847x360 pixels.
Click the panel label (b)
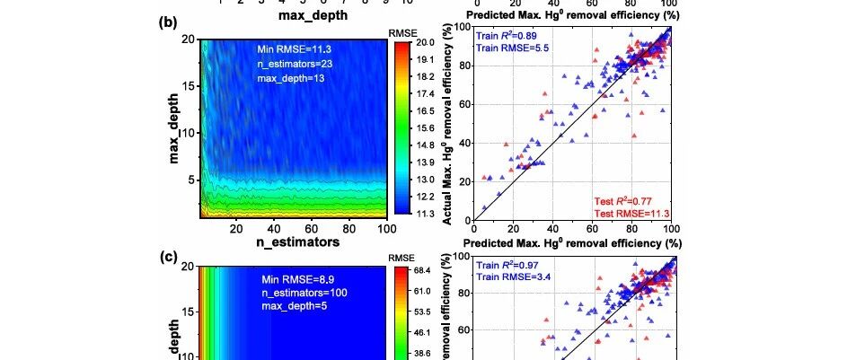166,22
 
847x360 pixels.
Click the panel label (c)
166,256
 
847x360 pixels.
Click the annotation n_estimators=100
304,294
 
